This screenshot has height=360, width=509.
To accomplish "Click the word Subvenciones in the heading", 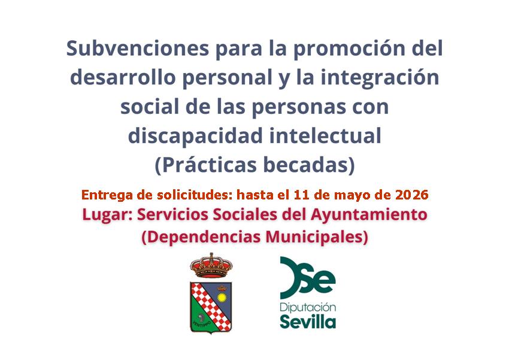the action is click(x=138, y=49).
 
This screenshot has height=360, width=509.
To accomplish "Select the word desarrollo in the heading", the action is click(x=123, y=77).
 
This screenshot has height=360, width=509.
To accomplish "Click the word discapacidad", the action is click(x=195, y=136).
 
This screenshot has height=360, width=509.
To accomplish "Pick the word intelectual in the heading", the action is click(x=326, y=136).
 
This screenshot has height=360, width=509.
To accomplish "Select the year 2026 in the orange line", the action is click(x=411, y=195).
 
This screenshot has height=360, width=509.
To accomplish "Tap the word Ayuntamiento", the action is click(x=369, y=215).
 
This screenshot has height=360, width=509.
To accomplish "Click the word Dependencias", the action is click(x=201, y=237).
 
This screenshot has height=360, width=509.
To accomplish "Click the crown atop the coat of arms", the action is click(x=211, y=265).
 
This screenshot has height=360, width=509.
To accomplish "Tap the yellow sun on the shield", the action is click(x=222, y=297).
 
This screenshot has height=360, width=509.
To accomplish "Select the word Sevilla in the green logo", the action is click(x=308, y=322).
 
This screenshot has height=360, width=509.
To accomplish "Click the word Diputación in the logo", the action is click(x=308, y=307).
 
